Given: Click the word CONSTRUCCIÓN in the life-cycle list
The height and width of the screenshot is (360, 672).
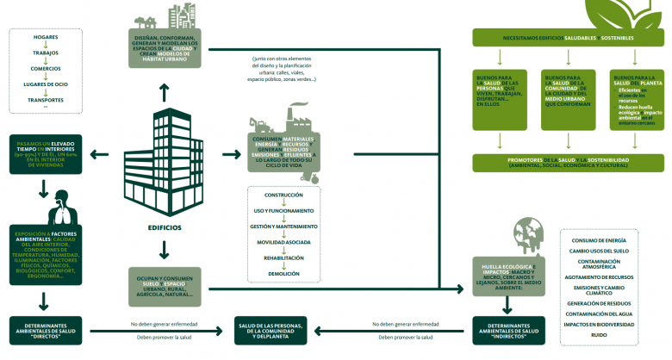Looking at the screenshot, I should click(x=283, y=195).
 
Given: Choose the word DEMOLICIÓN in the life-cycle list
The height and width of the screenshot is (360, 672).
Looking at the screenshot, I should click(x=283, y=273).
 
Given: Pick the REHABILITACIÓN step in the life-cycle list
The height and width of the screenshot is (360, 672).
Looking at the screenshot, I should click(x=283, y=258).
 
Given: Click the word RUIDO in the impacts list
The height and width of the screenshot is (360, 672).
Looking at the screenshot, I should click(x=598, y=334).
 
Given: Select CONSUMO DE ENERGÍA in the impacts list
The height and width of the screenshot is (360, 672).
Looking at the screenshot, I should click(x=598, y=239).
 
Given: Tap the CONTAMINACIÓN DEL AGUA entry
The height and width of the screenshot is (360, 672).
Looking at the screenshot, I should click(x=598, y=313).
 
